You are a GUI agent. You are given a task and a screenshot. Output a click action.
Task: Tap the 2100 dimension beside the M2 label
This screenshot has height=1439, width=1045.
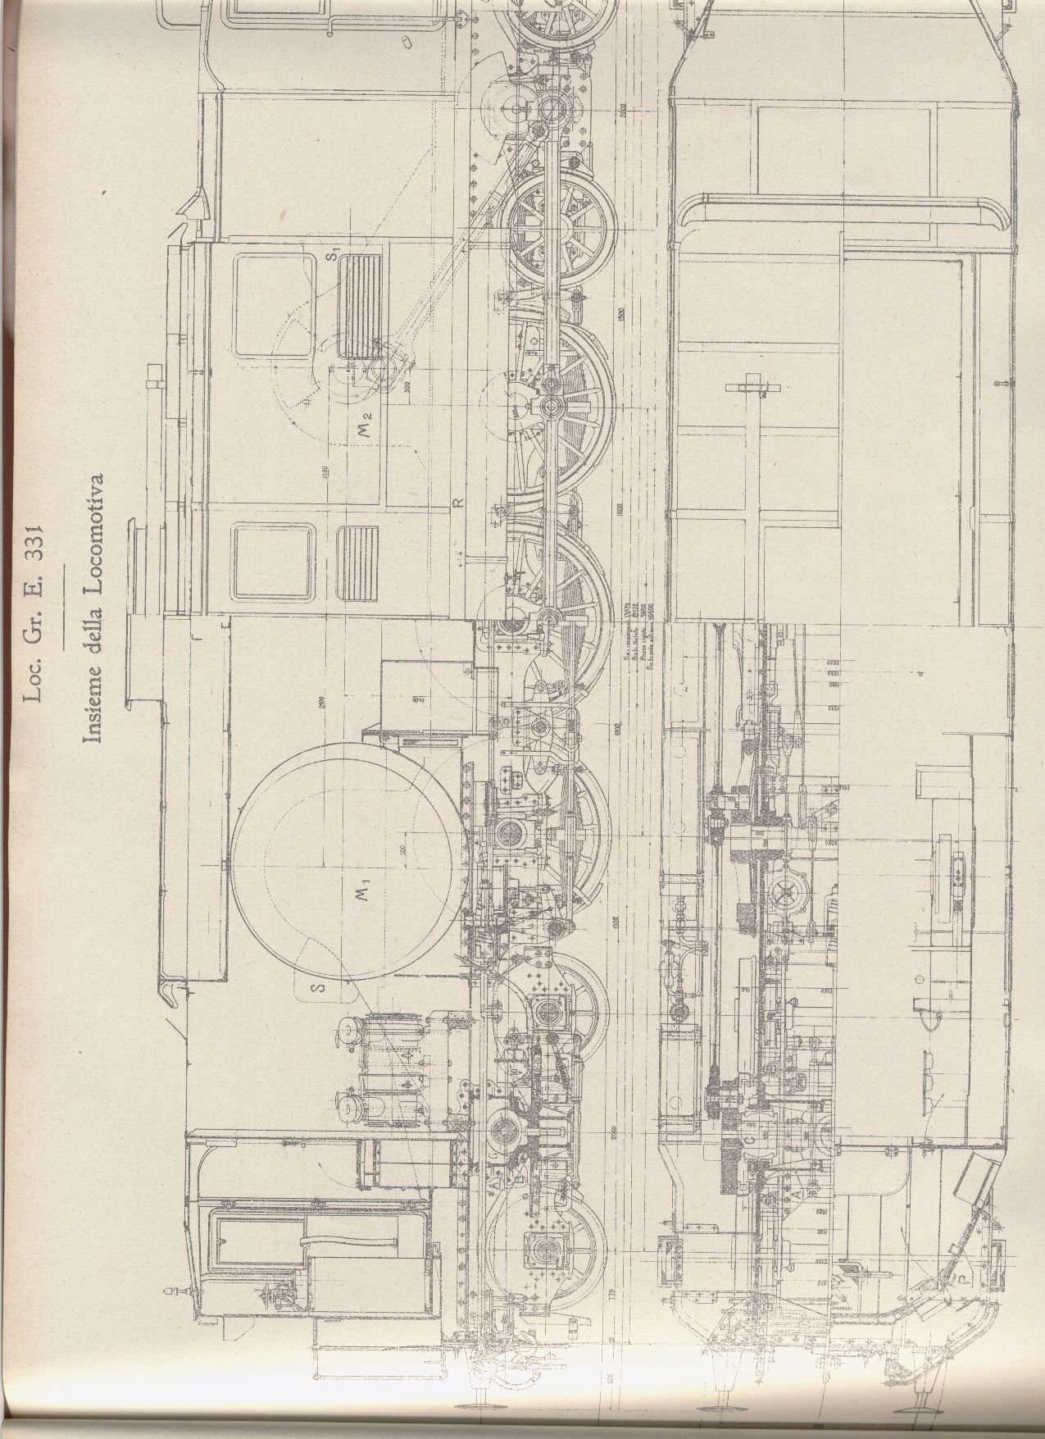(x=325, y=474)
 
